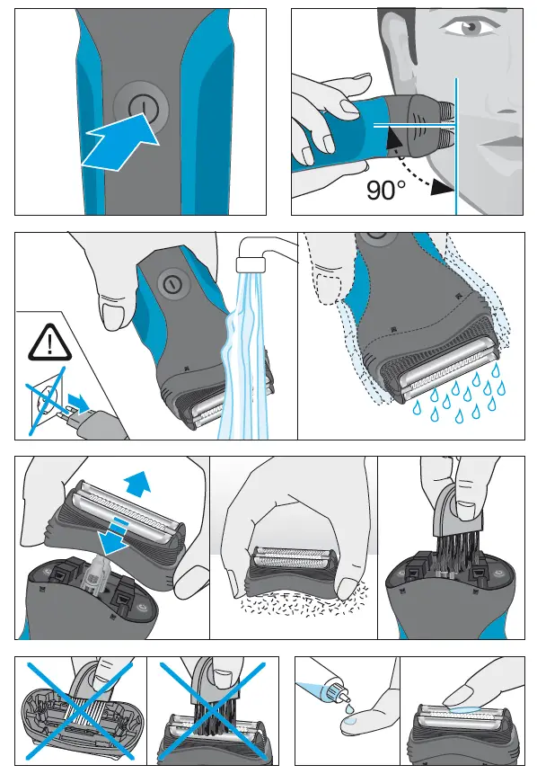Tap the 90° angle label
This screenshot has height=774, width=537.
pyautogui.click(x=386, y=189)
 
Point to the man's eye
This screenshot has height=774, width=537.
pyautogui.click(x=470, y=28)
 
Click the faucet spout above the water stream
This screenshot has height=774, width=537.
pyautogui.click(x=250, y=262)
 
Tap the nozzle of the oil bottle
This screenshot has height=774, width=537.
pyautogui.click(x=338, y=693)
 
